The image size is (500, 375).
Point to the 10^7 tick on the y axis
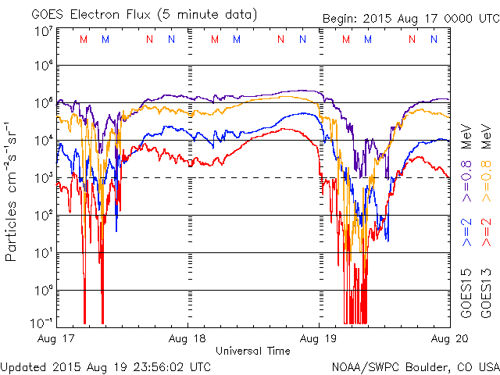coord(43,32)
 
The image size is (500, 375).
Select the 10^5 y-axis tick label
coord(43,103)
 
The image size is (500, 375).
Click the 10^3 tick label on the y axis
coord(43,178)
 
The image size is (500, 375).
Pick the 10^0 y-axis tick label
coord(43,291)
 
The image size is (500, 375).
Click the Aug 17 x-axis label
coord(55,339)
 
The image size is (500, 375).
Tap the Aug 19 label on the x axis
coord(319,339)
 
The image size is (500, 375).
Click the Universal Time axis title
coord(253,351)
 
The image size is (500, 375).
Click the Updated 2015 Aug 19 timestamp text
coord(105,366)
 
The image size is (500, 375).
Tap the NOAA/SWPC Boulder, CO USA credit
coord(415,366)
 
